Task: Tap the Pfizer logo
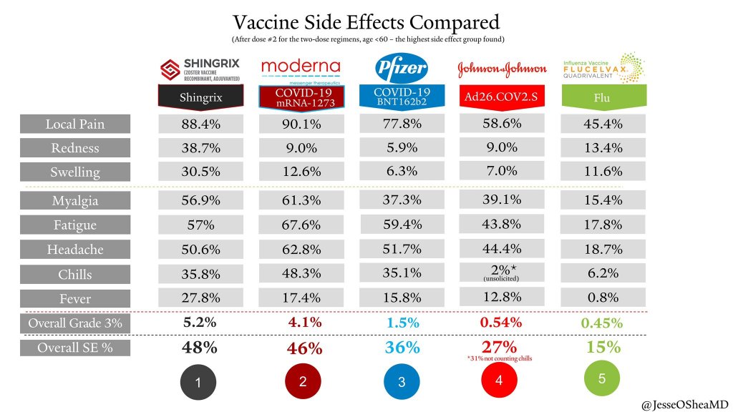point(401,69)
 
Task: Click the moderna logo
point(301,69)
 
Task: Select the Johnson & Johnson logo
point(502,69)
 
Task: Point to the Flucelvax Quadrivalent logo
point(602,67)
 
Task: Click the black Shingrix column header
point(201,98)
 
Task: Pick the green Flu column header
point(602,98)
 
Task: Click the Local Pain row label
point(75,124)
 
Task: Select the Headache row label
point(75,250)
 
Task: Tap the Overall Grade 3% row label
point(75,323)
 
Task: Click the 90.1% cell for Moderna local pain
point(301,124)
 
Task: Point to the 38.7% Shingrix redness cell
point(201,148)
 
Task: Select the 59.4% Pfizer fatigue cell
point(401,225)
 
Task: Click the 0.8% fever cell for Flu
point(602,298)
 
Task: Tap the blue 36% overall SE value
point(401,348)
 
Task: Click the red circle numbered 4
point(499,381)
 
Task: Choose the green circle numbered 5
point(601,378)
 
